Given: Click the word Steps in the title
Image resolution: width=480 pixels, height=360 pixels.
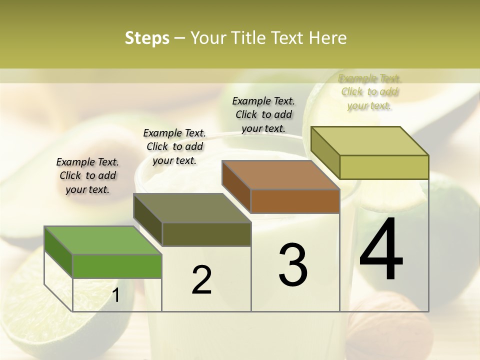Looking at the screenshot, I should click(147, 38).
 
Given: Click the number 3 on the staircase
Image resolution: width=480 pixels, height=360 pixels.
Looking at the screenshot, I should click(293, 264).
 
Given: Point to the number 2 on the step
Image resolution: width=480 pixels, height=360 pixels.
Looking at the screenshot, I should click(201, 280).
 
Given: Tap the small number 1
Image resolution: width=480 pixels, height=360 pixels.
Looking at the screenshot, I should click(116, 295).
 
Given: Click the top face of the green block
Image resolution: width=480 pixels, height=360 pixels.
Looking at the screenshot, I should click(103, 240).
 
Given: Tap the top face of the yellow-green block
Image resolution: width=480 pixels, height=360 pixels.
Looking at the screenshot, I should click(370, 141).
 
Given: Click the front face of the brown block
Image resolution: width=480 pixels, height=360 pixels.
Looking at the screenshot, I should click(295, 201).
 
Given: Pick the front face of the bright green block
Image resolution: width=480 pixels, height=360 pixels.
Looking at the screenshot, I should click(117, 266).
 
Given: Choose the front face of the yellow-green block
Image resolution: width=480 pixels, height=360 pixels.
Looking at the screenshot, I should click(384, 167).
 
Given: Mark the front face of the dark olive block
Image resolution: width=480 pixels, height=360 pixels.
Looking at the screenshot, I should click(206, 234).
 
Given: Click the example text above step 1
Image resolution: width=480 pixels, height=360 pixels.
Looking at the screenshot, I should click(87, 175).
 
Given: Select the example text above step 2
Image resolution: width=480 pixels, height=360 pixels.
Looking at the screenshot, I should click(174, 146).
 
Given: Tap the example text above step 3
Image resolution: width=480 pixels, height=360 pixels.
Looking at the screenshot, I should click(263, 114).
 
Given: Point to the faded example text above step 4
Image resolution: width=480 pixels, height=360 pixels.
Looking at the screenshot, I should click(370, 92).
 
